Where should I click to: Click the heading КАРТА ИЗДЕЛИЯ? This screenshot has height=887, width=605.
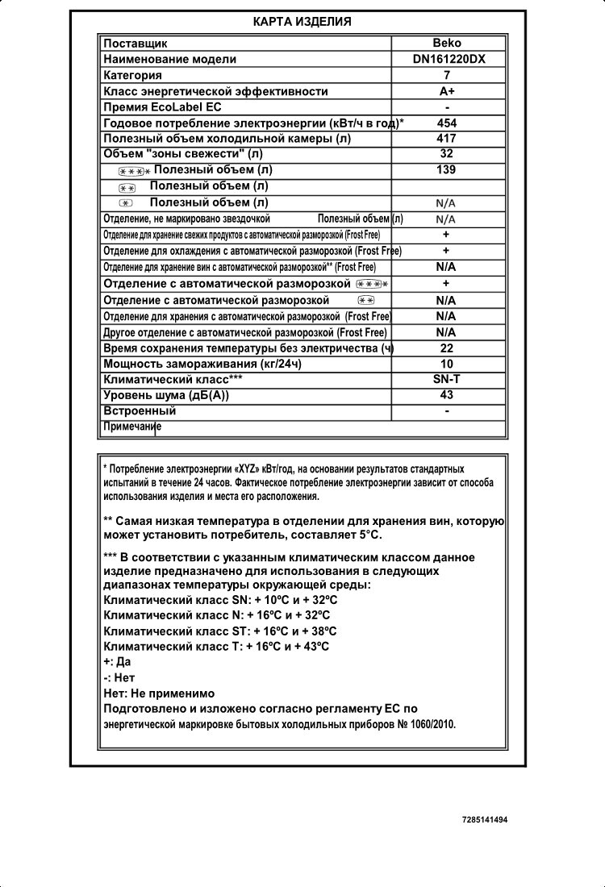302,22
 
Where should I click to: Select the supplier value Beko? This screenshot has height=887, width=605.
447,44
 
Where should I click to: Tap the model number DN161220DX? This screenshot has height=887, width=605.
447,59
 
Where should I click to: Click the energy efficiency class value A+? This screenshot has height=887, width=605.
447,91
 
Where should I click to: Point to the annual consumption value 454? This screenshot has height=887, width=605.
447,123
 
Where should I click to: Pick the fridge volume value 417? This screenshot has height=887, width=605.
447,138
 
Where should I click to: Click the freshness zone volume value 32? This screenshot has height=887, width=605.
447,153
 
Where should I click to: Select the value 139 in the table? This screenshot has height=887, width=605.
447,169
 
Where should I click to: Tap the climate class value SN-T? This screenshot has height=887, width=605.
447,379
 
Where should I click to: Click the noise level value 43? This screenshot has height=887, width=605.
447,394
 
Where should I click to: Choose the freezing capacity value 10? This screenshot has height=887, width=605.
447,364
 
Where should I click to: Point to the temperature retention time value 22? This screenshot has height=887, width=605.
447,348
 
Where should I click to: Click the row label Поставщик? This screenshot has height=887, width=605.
136,44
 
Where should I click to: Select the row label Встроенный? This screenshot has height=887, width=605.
140,410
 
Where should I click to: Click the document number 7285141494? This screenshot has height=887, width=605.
486,819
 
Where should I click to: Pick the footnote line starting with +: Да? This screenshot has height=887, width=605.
118,663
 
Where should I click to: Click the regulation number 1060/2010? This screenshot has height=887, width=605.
432,724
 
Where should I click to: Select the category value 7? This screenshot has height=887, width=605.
447,75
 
